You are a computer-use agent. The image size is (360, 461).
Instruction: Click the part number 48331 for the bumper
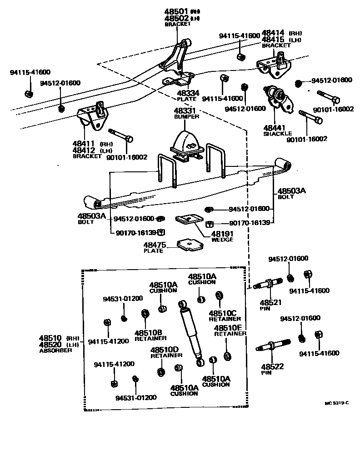pyautogui.click(x=184, y=110)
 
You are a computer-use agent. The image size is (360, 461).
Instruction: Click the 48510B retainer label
pyautogui.click(x=148, y=332)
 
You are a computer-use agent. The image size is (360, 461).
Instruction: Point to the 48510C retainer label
pyautogui.click(x=223, y=313)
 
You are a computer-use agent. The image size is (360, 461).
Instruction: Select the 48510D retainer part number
pyautogui.click(x=165, y=350)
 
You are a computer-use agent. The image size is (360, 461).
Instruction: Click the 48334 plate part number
pyautogui.click(x=188, y=93)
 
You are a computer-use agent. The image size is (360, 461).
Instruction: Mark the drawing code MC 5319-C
pyautogui.click(x=337, y=403)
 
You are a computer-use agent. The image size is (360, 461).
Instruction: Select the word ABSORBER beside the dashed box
pyautogui.click(x=56, y=351)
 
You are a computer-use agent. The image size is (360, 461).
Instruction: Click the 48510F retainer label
pyautogui.click(x=228, y=327)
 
